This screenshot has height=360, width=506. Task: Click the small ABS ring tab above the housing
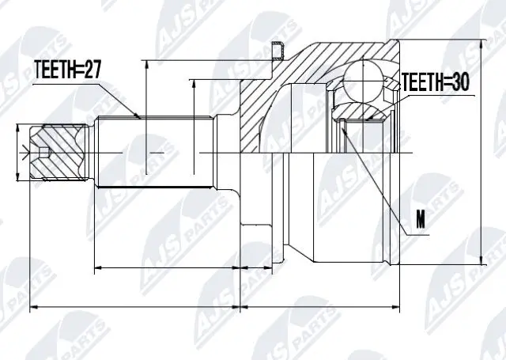277,51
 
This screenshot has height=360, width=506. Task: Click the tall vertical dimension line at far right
481,150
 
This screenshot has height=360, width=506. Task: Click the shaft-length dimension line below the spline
166,269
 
